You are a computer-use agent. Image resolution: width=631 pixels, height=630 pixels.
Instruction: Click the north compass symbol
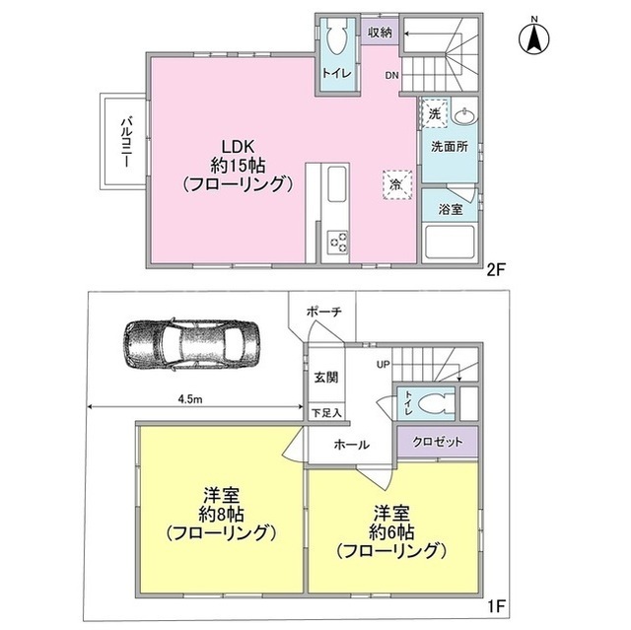pyautogui.click(x=534, y=37)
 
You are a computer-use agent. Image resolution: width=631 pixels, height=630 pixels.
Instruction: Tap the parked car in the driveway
pyautogui.click(x=191, y=344)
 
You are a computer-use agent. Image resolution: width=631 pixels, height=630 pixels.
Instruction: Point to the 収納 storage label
pyautogui.click(x=380, y=33)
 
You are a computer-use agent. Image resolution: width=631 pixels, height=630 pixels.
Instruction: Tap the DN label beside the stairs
pyautogui.click(x=392, y=75)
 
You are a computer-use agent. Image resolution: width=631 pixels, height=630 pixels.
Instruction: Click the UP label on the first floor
pyautogui.click(x=383, y=365)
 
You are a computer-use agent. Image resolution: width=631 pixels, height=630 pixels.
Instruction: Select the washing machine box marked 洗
pyautogui.click(x=434, y=113)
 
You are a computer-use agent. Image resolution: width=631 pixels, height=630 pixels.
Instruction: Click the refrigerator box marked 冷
pyautogui.click(x=396, y=184)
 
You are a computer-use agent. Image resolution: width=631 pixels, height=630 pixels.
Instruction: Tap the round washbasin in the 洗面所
pyautogui.click(x=464, y=115)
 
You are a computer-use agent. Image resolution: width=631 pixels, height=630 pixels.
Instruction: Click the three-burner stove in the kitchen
pyautogui.click(x=337, y=243)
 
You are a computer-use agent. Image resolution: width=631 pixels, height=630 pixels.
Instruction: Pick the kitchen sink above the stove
pyautogui.click(x=337, y=184)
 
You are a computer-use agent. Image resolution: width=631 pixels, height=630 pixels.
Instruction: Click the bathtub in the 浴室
pyautogui.click(x=450, y=242)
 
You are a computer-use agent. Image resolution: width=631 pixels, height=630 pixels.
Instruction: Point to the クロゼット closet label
pyautogui.click(x=438, y=442)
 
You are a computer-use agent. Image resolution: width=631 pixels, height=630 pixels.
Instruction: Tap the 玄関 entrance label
pyautogui.click(x=326, y=378)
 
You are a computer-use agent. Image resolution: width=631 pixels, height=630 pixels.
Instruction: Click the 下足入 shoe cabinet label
pyautogui.click(x=326, y=412)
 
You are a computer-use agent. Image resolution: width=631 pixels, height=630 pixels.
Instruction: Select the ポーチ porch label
pyautogui.click(x=324, y=312)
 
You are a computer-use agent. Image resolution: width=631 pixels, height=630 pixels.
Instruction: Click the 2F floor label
pyautogui.click(x=495, y=270)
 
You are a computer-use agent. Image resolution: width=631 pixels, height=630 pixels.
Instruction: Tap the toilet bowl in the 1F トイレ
pyautogui.click(x=434, y=403)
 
